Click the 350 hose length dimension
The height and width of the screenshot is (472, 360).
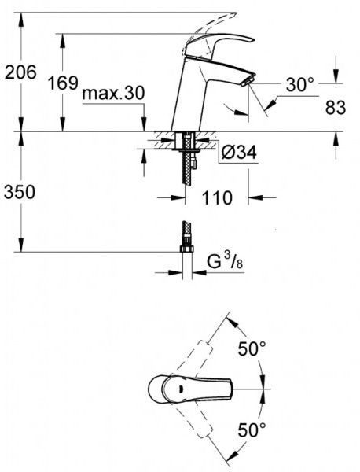pos(20,191)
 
